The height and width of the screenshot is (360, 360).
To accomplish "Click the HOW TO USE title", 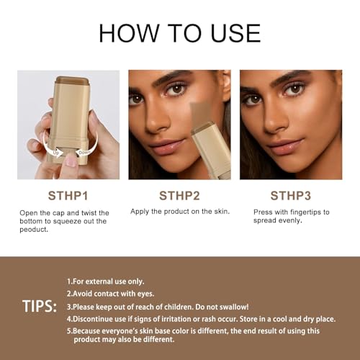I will click(179, 32).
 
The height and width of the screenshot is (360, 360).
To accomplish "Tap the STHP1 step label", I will click(68, 195).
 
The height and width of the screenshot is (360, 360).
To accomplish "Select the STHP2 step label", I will click(179, 195).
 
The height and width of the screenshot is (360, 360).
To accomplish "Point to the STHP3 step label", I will click(291, 195).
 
